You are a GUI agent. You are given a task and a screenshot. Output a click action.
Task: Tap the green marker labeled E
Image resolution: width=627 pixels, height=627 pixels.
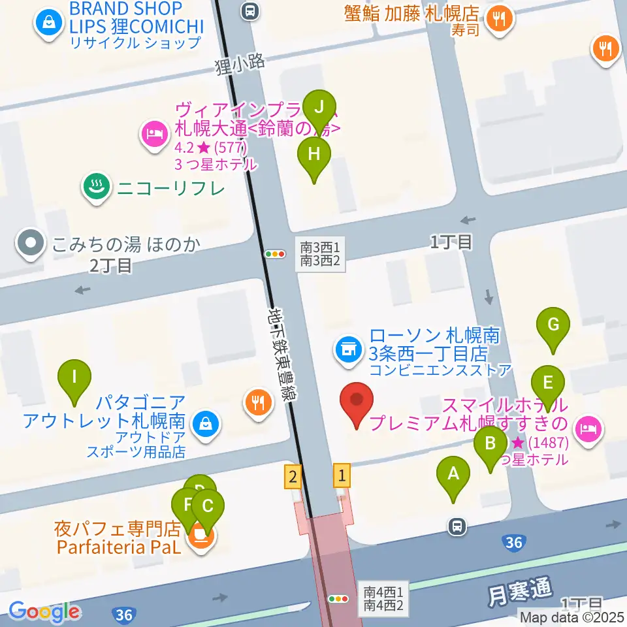point(547,383)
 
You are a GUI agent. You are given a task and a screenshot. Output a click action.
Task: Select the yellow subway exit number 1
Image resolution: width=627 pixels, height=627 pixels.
point(342,475)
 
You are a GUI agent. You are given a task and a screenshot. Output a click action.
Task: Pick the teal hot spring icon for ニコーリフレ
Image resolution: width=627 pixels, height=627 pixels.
point(97,187)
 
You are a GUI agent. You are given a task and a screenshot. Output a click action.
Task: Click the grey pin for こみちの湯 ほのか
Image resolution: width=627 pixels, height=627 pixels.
point(30,244)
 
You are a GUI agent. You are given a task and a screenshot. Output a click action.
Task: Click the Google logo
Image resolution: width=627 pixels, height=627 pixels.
point(44,612)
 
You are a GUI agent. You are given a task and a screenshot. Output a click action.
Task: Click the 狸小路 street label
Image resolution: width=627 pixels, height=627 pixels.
point(240,63)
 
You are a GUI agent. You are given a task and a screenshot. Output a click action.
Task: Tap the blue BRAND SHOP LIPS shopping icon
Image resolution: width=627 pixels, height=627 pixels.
point(48,24)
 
